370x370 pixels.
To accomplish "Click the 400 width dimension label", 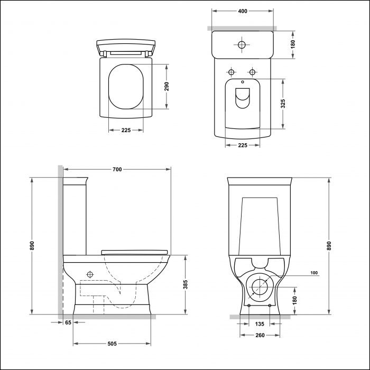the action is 243,11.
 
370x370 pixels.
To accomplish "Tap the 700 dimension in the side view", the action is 117,170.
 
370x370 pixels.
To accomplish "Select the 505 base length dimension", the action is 112,344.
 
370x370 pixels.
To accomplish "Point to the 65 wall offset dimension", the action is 68,322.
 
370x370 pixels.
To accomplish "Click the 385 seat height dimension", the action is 186,284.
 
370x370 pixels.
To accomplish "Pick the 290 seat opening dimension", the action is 166,86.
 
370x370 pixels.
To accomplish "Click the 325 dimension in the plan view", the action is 283,104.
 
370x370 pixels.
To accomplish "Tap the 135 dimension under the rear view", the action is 260,324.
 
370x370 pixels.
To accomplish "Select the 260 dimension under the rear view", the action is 260,335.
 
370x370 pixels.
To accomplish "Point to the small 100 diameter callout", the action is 314,273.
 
